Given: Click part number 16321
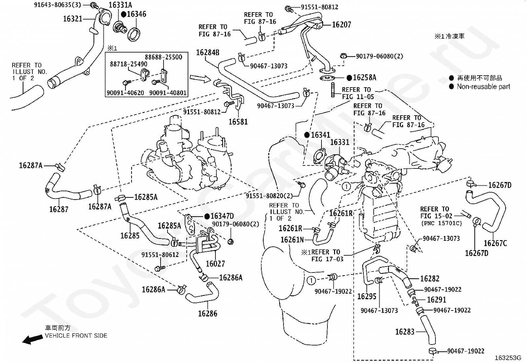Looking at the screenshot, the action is (73, 19).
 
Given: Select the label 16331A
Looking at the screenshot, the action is (121, 5).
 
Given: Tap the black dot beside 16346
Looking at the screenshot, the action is (124, 14).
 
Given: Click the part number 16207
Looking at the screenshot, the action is (342, 24).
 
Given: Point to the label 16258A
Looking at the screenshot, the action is (365, 78).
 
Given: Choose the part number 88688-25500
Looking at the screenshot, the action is (164, 57).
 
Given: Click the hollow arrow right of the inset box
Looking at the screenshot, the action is (200, 78).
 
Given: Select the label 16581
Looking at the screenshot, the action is (238, 122).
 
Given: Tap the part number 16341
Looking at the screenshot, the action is (320, 135).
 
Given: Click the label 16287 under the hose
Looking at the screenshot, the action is (59, 209).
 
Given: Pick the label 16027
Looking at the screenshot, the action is (215, 264).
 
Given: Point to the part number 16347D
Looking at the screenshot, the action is (222, 216).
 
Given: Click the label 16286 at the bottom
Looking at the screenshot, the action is (207, 313).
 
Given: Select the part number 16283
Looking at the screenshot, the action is (405, 332).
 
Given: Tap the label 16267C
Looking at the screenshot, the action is (496, 243).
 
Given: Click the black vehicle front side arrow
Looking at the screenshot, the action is (33, 340).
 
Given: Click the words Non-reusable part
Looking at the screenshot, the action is (483, 87).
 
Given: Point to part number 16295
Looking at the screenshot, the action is (367, 296).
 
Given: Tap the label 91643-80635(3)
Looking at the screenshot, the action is (57, 5).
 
